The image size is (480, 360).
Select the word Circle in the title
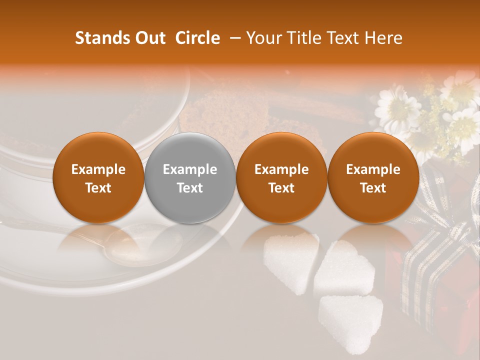coord(197,38)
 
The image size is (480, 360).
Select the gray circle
coord(190,178)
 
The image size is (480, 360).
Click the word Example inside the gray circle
coord(190,169)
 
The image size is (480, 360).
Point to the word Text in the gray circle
coord(190,188)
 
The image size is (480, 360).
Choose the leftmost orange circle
coord(98,178)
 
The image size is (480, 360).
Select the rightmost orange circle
coord(373,178)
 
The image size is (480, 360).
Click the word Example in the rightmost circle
coord(373,169)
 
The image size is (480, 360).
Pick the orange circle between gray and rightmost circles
coord(281,178)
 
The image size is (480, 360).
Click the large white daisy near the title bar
coord(397,107)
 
